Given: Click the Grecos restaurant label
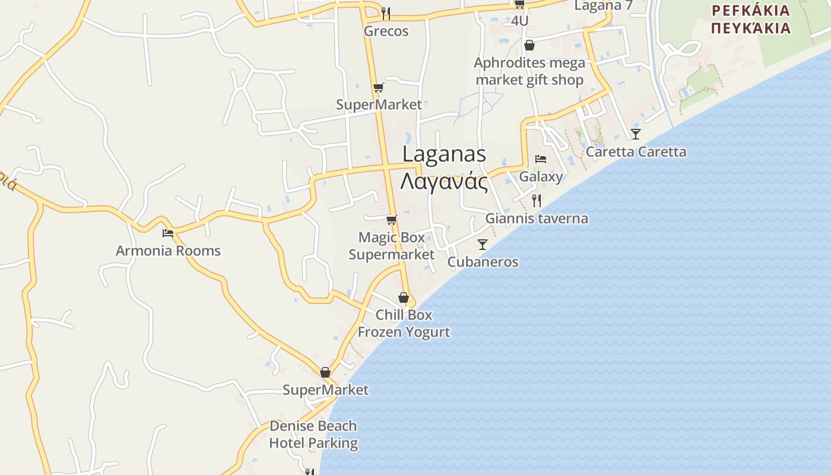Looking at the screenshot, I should (x=386, y=31).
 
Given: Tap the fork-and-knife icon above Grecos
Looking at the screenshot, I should (x=386, y=13).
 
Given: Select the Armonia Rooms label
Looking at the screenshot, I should (x=168, y=251).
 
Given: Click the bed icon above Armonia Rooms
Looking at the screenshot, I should (x=168, y=233).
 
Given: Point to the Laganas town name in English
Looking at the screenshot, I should (x=444, y=154).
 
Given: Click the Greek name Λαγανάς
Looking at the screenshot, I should (x=444, y=182).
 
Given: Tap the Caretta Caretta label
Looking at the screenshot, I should (x=636, y=152).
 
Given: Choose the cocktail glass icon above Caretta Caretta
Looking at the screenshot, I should (x=636, y=134).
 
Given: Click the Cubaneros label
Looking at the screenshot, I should (x=483, y=262).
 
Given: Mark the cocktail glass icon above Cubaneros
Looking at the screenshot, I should (x=483, y=245).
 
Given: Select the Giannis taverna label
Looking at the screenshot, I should (x=537, y=218).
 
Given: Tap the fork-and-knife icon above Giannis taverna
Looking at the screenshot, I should (x=537, y=201).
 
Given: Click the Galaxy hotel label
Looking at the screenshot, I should (x=541, y=176).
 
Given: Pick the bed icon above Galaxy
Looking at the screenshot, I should (x=541, y=159).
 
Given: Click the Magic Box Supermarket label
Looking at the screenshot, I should (x=392, y=246).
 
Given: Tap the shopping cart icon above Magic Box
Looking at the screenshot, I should (x=391, y=220).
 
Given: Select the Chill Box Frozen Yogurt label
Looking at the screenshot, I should (x=404, y=323).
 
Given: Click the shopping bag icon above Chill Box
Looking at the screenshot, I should (x=404, y=297).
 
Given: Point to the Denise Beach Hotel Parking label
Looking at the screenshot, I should (x=313, y=434).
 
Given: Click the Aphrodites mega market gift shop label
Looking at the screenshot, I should (x=529, y=71).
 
